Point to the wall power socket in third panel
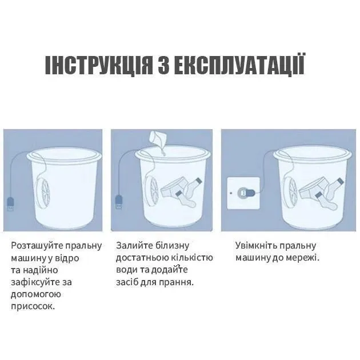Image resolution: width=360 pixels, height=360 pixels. [243, 193]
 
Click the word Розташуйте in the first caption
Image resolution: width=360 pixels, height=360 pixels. [35, 246]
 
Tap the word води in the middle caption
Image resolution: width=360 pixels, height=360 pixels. [127, 270]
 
